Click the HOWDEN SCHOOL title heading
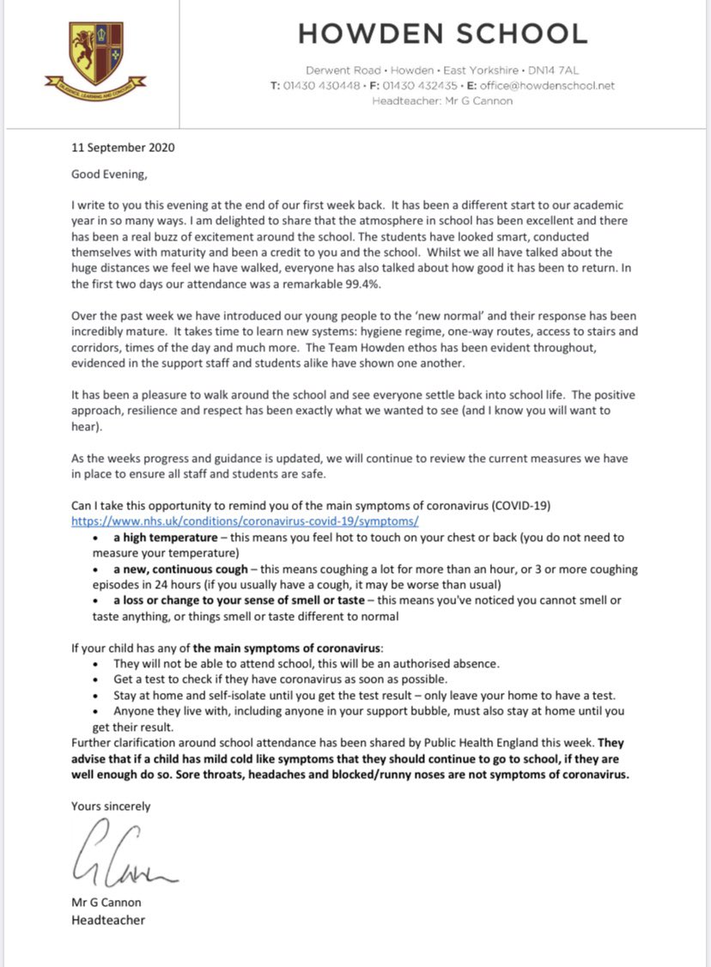tap(442, 33)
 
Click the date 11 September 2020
tap(123, 148)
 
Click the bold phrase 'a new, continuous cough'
tap(181, 569)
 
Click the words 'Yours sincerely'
tap(111, 806)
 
